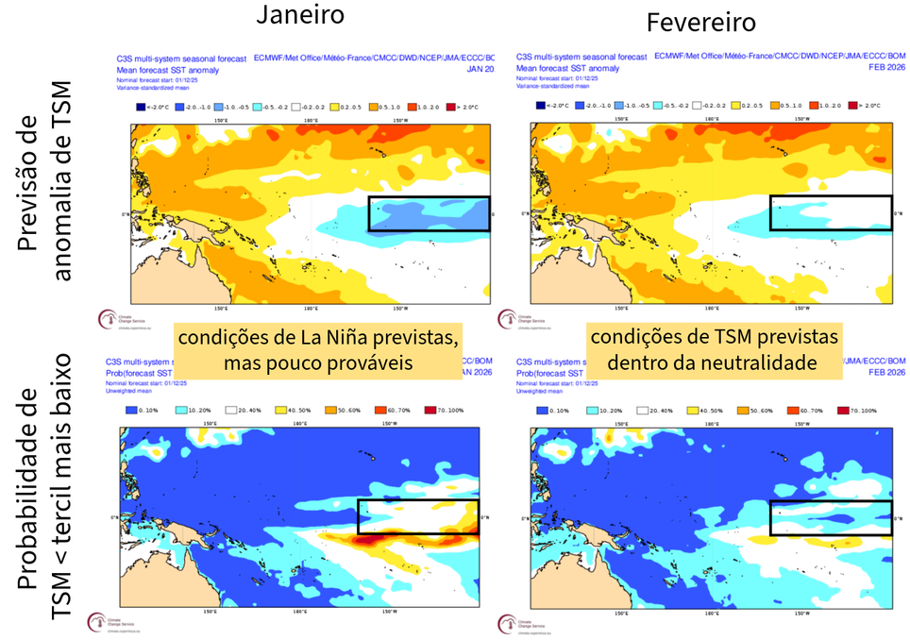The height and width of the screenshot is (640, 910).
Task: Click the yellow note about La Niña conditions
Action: tap(319, 351)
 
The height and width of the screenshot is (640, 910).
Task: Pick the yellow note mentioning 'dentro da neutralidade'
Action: tap(714, 351)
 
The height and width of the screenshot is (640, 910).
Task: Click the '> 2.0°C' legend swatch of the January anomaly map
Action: tap(451, 105)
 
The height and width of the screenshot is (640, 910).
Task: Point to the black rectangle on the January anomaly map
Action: tap(429, 213)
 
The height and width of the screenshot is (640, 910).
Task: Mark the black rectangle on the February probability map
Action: tap(831, 517)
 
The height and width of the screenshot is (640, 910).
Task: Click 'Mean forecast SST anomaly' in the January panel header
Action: tap(168, 70)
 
